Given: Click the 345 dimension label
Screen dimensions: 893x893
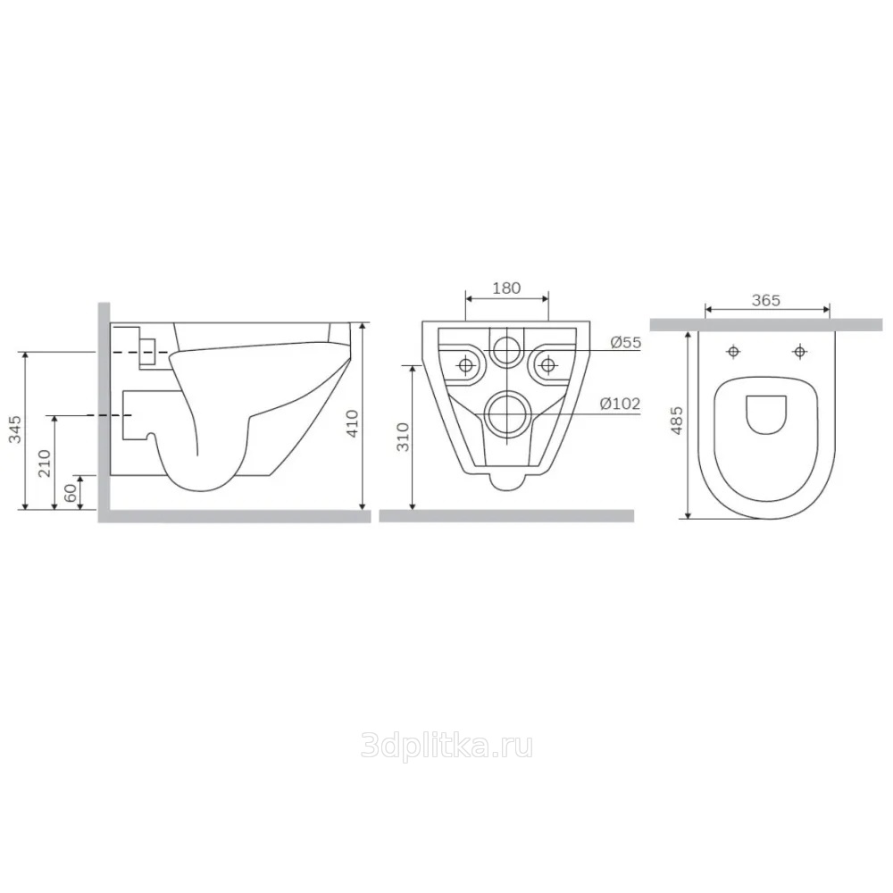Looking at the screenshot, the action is [15, 429].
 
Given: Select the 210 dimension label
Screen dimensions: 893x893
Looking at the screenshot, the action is [45, 463].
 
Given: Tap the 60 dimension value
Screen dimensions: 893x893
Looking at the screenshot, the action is [71, 493].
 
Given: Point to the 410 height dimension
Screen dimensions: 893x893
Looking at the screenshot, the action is [353, 423].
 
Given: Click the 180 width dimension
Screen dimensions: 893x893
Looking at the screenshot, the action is [506, 288].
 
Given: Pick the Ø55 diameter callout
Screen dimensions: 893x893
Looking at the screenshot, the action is [625, 342].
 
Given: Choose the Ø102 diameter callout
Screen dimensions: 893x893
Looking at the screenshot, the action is [620, 404].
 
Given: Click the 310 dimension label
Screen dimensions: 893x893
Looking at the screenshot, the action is [404, 437].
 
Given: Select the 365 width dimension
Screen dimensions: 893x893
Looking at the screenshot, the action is [765, 300].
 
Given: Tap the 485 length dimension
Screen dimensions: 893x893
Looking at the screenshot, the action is [677, 421].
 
